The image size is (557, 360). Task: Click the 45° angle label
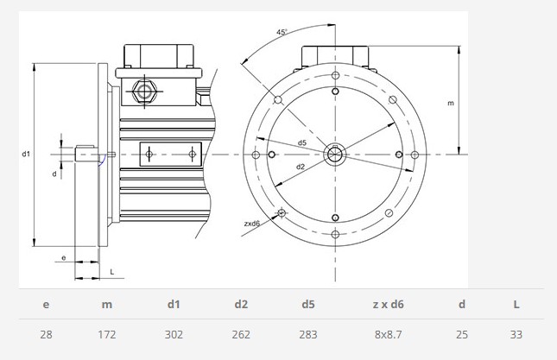[282, 32]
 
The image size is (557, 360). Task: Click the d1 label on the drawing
[26, 154]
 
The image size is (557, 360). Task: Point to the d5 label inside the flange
[302, 142]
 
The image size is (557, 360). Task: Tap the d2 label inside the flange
[301, 166]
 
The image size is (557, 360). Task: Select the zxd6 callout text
[252, 224]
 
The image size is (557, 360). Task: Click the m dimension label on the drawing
[451, 103]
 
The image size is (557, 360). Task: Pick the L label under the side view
[112, 272]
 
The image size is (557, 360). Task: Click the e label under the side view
[64, 258]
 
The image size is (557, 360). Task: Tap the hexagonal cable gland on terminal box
[144, 92]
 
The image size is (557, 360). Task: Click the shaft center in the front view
[335, 155]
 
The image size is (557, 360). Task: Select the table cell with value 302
[174, 334]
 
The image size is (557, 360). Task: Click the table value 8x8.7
[388, 334]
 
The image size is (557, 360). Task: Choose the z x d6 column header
[388, 304]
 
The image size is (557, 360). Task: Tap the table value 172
[107, 334]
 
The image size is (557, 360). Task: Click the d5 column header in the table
[308, 304]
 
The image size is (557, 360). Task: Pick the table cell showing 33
[516, 334]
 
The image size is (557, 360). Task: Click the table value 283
[308, 334]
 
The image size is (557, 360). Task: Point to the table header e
[46, 305]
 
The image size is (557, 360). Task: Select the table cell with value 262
[241, 334]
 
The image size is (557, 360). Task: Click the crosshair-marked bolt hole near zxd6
[282, 213]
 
